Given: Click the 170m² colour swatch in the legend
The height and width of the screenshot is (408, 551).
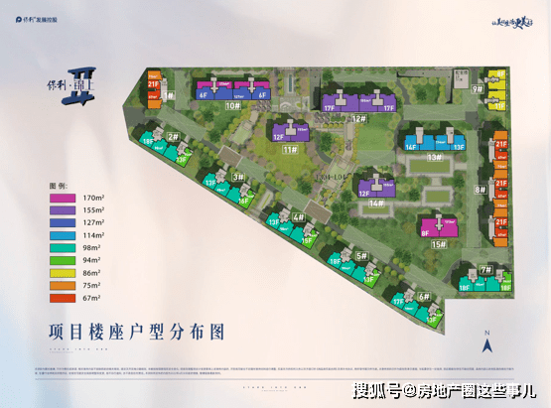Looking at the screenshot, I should [x=64, y=199].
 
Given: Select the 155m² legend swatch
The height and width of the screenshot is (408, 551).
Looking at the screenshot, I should [x=64, y=211].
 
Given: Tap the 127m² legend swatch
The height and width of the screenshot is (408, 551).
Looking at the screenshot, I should [x=64, y=225].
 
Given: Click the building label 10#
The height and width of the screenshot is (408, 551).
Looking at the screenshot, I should [x=234, y=104].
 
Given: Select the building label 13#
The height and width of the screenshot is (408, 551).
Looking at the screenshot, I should [x=434, y=157].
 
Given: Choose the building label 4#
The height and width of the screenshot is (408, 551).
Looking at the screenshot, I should [x=298, y=216].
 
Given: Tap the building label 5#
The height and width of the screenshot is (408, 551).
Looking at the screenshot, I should [x=362, y=255].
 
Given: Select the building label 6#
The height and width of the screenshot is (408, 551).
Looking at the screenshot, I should [x=424, y=295].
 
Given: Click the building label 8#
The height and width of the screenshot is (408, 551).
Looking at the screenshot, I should [x=481, y=189].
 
